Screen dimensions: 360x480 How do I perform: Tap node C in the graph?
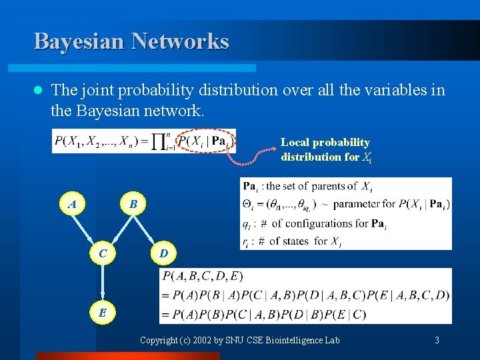click(x=103, y=253)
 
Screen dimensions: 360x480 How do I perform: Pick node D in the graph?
click(x=163, y=253)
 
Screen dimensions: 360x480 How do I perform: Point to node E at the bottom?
click(x=103, y=311)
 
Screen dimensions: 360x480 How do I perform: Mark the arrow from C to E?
click(x=103, y=283)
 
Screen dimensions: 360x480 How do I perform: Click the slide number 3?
click(x=437, y=341)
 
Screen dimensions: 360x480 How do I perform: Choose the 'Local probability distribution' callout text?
click(x=325, y=149)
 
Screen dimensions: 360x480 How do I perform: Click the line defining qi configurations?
click(x=313, y=223)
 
